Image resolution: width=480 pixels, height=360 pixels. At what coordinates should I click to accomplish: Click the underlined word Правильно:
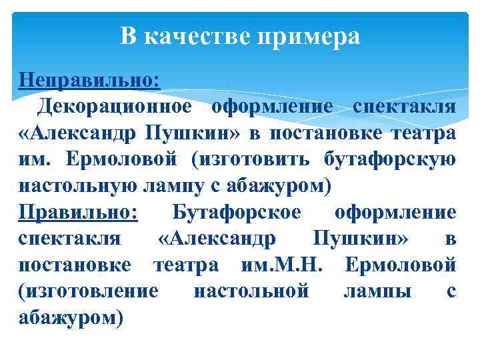(x=78, y=212)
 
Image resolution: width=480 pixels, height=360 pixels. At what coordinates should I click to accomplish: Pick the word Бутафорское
(x=237, y=212)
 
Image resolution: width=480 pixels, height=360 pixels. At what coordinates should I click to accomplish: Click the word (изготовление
(x=89, y=291)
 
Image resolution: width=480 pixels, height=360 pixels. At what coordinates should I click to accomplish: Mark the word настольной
(x=251, y=291)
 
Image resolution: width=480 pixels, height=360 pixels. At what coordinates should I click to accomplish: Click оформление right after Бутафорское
(x=395, y=212)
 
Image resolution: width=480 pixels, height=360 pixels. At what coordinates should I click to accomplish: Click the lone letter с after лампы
(x=451, y=291)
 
